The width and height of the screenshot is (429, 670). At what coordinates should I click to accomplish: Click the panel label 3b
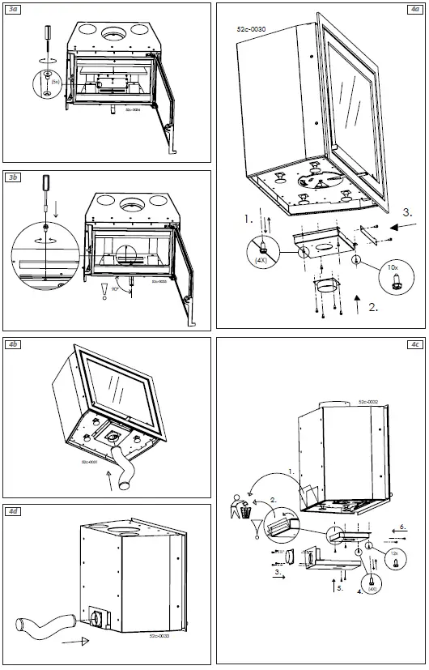point(14,177)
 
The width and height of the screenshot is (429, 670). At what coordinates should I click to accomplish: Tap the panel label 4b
point(14,344)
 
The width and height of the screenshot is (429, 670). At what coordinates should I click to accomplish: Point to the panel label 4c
point(414,344)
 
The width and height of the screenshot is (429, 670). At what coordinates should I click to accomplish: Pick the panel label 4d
point(14,511)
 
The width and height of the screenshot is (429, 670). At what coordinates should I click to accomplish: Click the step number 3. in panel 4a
point(407,213)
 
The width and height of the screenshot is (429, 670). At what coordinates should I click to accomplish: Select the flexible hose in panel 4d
point(48,626)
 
